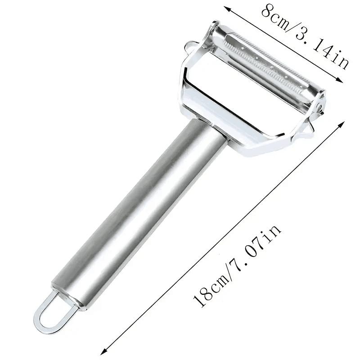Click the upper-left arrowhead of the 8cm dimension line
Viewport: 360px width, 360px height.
[227, 8]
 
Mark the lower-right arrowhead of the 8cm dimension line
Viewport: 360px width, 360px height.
[340, 80]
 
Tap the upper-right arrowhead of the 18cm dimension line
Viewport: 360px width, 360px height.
[342, 125]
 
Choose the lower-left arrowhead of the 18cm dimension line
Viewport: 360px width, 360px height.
[104, 351]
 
